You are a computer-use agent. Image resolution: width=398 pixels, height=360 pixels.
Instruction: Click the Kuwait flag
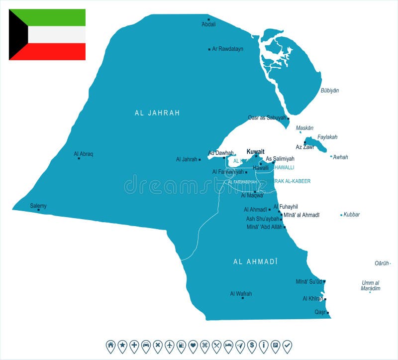click(x=47, y=34)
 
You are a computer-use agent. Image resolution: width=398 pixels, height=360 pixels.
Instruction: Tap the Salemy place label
click(x=38, y=205)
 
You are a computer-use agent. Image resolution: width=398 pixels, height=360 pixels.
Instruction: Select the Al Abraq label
click(x=83, y=154)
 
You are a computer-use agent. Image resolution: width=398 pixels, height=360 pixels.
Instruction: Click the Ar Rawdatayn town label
click(x=227, y=49)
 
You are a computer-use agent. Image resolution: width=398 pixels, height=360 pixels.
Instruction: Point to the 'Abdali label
click(x=208, y=24)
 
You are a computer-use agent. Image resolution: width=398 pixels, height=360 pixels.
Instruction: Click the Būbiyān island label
click(x=329, y=90)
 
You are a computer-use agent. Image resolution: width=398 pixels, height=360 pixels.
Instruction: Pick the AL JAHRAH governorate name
click(x=157, y=113)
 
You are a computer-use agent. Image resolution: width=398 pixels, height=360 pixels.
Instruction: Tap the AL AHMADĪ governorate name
click(x=255, y=261)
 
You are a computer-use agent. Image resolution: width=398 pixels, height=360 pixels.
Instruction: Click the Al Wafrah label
click(x=241, y=294)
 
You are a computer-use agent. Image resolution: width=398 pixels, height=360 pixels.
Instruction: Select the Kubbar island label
click(x=351, y=215)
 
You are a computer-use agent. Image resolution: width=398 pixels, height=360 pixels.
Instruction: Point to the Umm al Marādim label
click(x=371, y=285)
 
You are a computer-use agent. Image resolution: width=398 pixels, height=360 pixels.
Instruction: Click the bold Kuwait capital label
click(x=255, y=151)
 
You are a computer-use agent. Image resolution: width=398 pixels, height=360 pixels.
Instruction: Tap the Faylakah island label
click(x=327, y=137)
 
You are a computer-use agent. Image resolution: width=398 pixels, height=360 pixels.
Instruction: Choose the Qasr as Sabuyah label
click(x=267, y=118)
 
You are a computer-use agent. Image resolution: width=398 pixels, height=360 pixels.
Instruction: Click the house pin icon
click(x=110, y=345)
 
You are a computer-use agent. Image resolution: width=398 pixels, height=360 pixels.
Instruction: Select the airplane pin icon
click(x=169, y=345)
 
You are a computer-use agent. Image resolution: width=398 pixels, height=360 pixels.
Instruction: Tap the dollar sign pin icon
click(x=252, y=345)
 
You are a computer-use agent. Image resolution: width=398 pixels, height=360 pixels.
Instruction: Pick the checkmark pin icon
click(x=287, y=345)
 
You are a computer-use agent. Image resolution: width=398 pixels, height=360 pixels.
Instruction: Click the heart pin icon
click(x=193, y=345)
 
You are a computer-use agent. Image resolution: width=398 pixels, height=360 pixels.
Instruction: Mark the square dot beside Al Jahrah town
click(x=199, y=159)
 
